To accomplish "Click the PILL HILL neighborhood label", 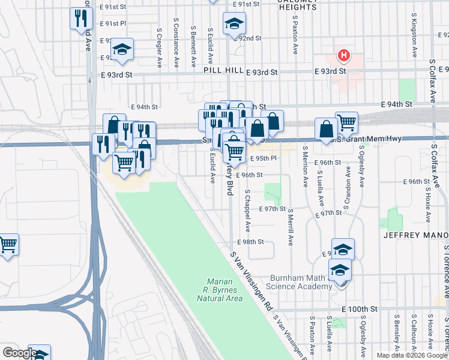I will tap(221, 71).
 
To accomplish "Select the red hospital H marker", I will tap(344, 56).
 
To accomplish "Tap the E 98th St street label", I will tap(250, 242).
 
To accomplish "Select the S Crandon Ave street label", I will tap(348, 180).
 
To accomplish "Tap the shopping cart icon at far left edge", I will tap(8, 244).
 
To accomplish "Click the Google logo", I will tap(19, 353).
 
